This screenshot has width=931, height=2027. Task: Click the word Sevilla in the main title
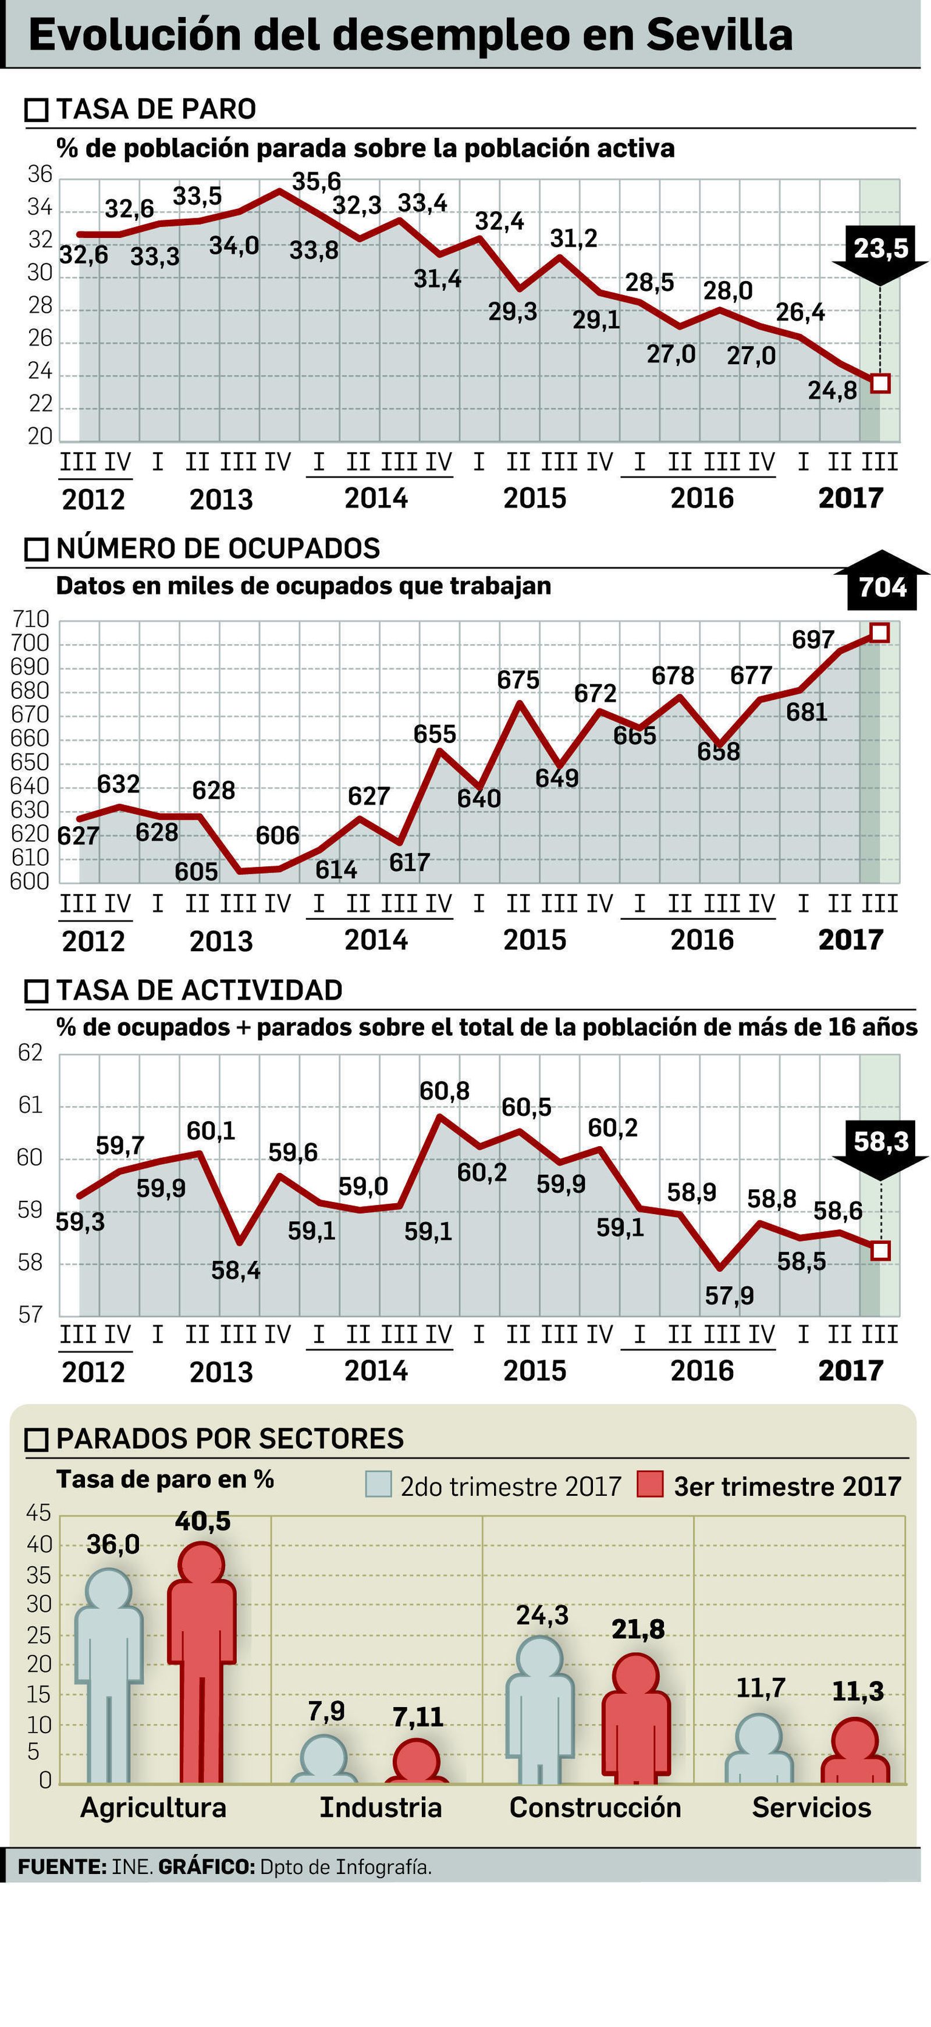[x=719, y=35]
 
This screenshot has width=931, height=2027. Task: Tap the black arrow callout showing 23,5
[x=880, y=248]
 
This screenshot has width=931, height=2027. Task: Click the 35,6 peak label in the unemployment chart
[x=317, y=182]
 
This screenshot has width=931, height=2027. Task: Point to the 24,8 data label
[x=832, y=389]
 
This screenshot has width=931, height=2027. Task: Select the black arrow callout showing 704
[x=882, y=587]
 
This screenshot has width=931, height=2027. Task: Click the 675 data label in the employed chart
[x=518, y=679]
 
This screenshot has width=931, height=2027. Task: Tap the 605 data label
[x=196, y=871]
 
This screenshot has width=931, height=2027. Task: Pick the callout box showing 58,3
[x=880, y=1141]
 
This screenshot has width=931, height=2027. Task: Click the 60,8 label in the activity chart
[x=444, y=1091]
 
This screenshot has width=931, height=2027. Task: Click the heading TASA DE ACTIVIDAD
[x=199, y=990]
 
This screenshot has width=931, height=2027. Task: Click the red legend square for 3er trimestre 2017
[x=650, y=1485]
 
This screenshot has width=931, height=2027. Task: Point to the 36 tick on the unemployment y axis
[x=40, y=175]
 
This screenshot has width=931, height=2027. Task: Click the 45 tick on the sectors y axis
[x=38, y=1512]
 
